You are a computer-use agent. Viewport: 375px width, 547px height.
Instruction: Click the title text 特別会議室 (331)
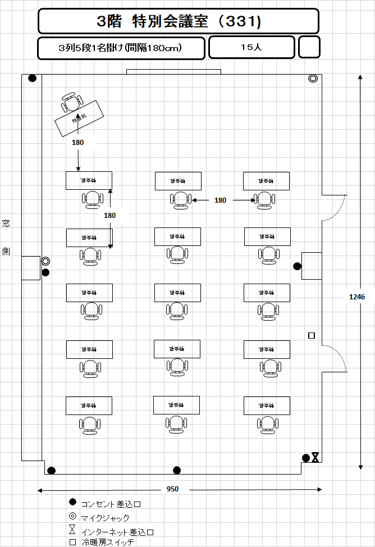(179, 21)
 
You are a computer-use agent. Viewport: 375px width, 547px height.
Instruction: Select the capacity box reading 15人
(251, 48)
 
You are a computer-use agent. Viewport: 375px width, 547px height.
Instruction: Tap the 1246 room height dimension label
(356, 297)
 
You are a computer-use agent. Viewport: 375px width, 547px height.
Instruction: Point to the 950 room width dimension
(172, 489)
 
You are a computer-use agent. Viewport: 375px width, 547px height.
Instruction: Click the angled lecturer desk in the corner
(81, 118)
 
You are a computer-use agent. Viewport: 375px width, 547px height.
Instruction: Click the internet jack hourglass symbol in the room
(315, 458)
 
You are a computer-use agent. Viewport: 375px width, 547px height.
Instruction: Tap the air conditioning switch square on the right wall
(312, 336)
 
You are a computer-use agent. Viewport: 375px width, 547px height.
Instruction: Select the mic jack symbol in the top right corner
(313, 79)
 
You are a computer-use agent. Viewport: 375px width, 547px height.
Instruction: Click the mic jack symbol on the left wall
(45, 261)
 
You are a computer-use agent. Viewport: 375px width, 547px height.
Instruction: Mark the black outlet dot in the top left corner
(33, 78)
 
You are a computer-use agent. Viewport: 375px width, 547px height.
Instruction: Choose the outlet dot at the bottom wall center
(177, 470)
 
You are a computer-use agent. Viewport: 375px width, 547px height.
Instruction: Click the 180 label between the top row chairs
(221, 200)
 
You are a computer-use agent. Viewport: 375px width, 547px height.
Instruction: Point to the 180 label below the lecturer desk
(77, 143)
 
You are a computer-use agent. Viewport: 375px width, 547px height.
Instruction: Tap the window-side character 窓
(6, 224)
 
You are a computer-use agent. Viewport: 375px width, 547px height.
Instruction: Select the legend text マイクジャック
(105, 518)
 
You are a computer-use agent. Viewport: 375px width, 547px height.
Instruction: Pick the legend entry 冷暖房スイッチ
(107, 543)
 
